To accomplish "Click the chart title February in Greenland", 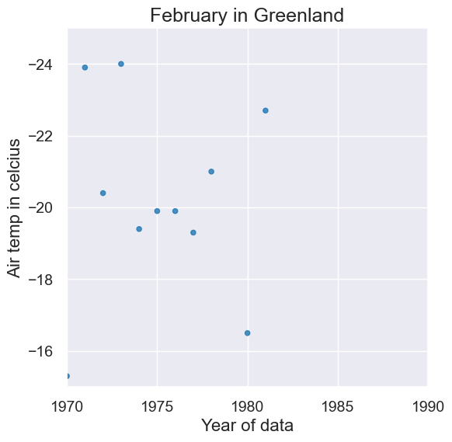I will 247,16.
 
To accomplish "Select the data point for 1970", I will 68,376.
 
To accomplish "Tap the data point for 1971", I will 85,68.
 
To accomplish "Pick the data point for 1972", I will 103,193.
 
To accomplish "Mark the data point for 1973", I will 121,64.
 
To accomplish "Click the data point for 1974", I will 139,229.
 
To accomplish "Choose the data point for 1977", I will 193,232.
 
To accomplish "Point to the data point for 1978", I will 211,172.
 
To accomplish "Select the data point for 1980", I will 247,333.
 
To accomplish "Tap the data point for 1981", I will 266,110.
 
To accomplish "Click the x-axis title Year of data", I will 247,426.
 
